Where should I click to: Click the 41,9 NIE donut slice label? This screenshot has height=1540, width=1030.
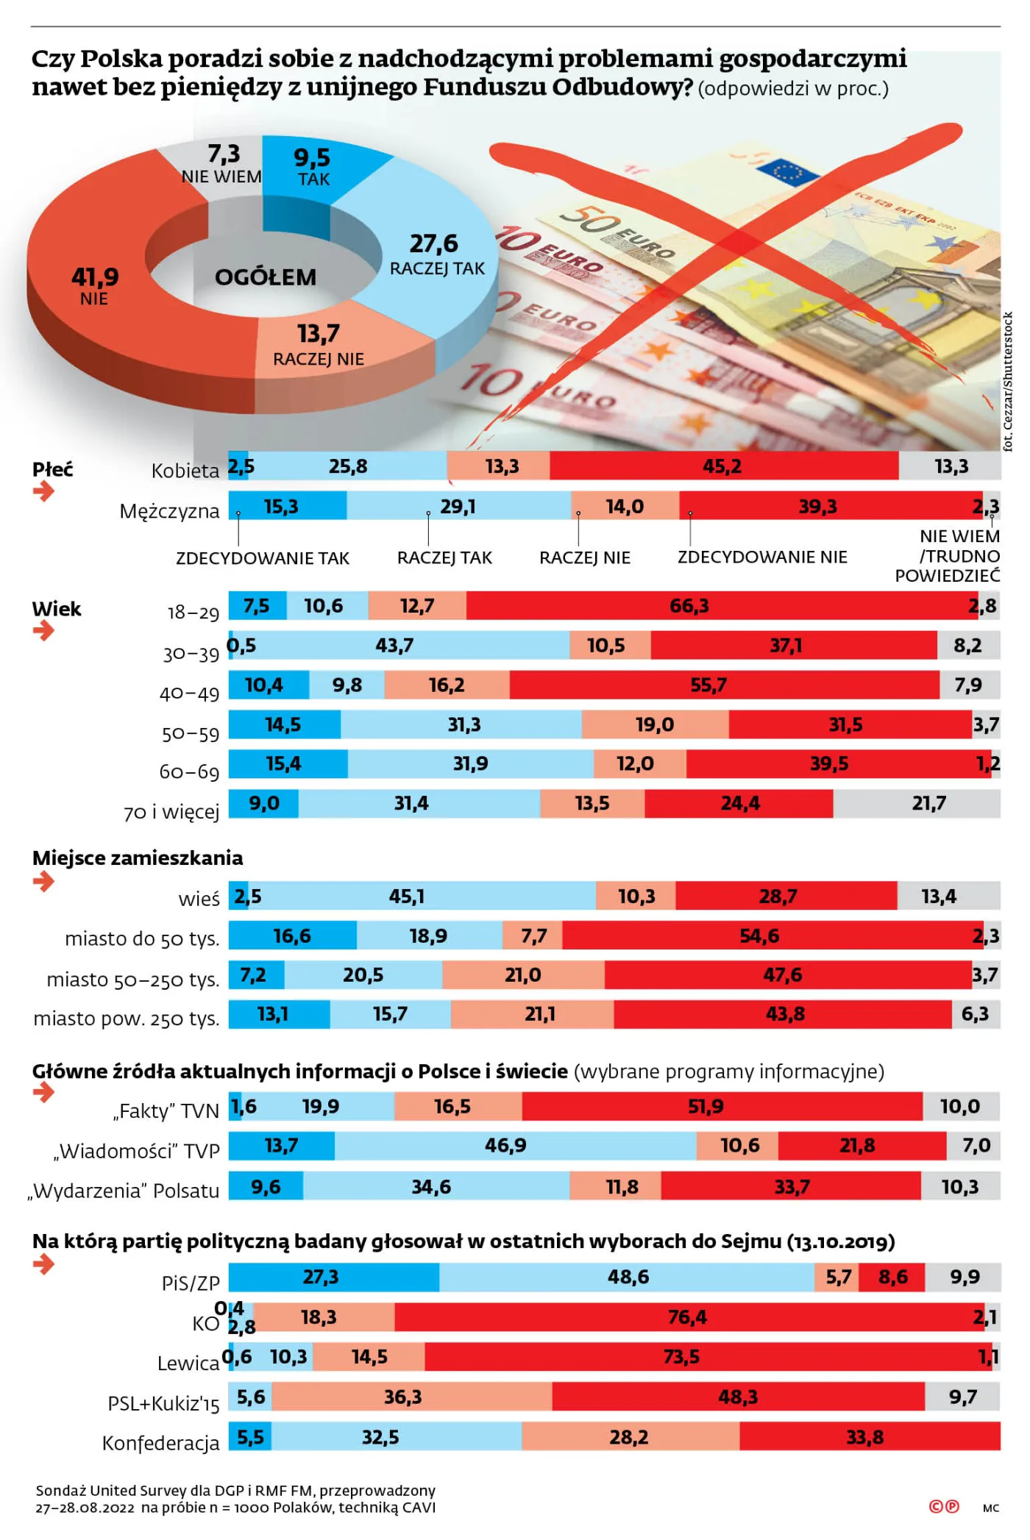pyautogui.click(x=95, y=285)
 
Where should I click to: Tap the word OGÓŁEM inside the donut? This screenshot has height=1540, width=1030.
pyautogui.click(x=266, y=277)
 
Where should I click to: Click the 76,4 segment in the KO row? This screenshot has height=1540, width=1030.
pyautogui.click(x=686, y=1316)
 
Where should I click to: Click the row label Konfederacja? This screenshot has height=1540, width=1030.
pyautogui.click(x=160, y=1443)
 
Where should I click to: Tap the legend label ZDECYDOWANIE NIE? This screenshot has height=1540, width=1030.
pyautogui.click(x=761, y=557)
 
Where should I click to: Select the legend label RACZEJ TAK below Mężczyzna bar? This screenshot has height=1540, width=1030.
pyautogui.click(x=444, y=557)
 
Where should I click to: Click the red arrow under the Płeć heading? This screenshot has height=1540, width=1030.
pyautogui.click(x=43, y=492)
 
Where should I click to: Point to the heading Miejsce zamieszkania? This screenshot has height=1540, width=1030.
pyautogui.click(x=137, y=858)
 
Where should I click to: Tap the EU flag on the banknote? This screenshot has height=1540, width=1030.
pyautogui.click(x=788, y=172)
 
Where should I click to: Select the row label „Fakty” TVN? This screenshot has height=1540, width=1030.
pyautogui.click(x=166, y=1111)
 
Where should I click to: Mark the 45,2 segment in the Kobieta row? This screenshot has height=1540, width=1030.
pyautogui.click(x=722, y=466)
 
